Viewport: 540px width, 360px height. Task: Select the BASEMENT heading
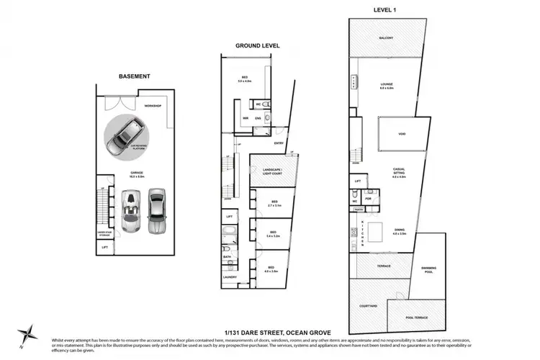pos(135,76)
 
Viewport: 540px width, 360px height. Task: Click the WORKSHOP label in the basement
pos(153,106)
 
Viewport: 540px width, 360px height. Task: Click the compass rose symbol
pos(28,333)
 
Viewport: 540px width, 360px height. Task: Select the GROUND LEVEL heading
pos(257,45)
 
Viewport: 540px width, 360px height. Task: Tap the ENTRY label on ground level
pos(279,143)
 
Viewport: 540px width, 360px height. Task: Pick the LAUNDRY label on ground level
pos(230,276)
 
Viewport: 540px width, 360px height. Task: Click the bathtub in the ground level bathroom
pos(228,238)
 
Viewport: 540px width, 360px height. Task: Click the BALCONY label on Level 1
pos(387,39)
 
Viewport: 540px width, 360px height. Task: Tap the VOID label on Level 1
pos(401,134)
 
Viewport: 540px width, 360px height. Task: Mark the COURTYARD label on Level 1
pos(368,306)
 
